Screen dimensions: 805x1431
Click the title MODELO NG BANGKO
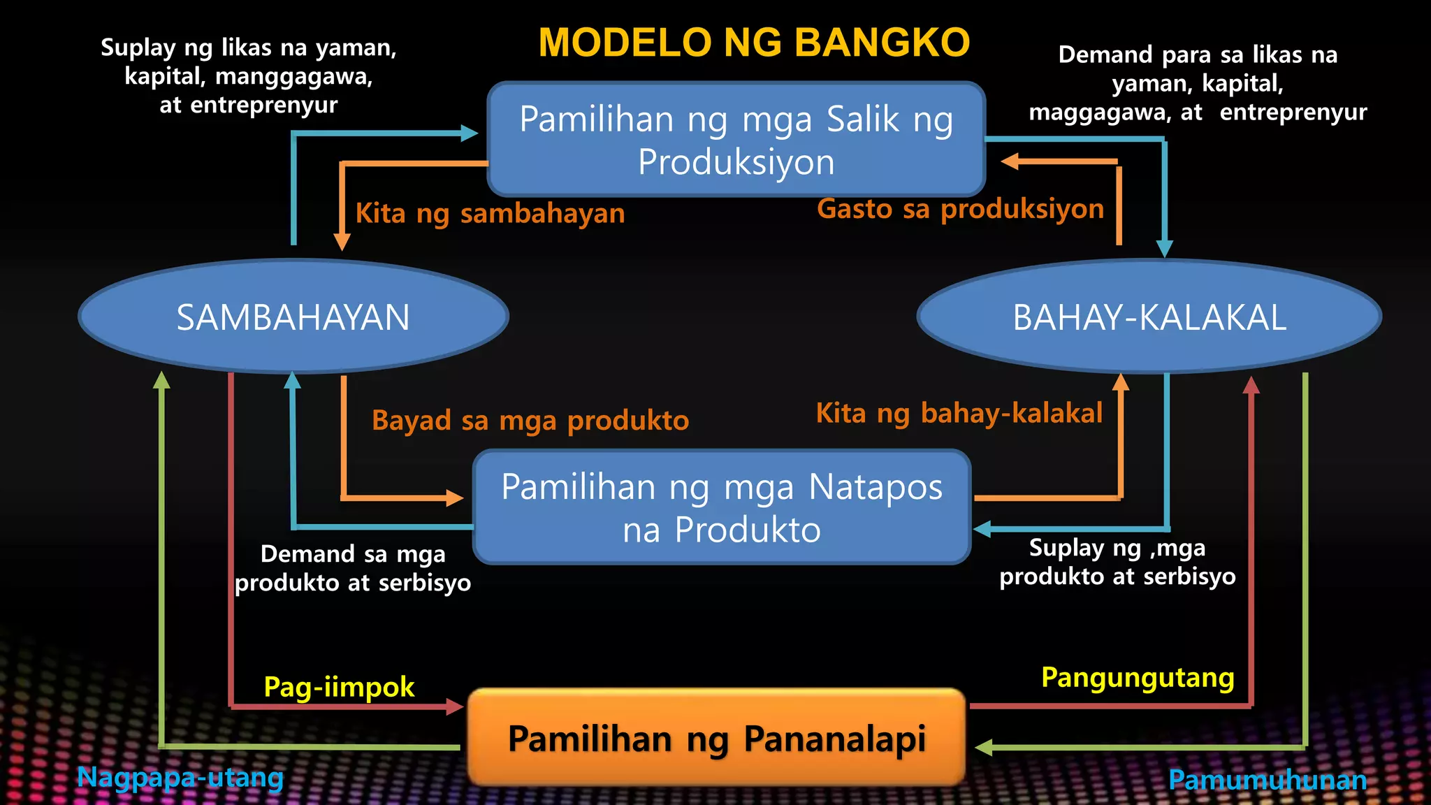click(x=754, y=43)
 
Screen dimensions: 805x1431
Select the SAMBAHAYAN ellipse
click(x=293, y=317)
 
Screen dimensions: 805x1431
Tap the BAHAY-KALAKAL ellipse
click(x=1149, y=317)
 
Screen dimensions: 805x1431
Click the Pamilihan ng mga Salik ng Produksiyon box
click(x=736, y=140)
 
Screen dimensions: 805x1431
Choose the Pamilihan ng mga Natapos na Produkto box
click(x=722, y=507)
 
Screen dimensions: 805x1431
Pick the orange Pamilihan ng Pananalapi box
click(x=717, y=738)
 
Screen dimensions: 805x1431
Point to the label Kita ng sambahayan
click(x=490, y=213)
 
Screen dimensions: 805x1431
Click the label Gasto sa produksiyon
click(x=960, y=209)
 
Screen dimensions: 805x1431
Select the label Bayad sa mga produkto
click(x=530, y=421)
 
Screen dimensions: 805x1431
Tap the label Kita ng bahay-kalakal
click(x=959, y=413)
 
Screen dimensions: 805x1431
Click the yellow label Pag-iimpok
click(x=339, y=687)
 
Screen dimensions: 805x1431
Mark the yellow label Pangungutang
click(x=1138, y=678)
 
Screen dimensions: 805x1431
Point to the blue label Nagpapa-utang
click(x=180, y=777)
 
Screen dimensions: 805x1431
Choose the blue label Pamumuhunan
click(x=1267, y=780)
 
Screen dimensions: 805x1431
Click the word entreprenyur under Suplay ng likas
click(x=264, y=105)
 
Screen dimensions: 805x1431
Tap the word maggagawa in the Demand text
click(x=1099, y=112)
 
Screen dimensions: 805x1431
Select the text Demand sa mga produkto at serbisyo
click(x=353, y=568)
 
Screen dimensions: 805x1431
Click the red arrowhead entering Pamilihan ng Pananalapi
click(x=456, y=707)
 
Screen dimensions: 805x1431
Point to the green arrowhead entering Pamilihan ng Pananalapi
click(x=983, y=748)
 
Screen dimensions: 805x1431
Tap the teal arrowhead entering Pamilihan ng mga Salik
click(x=469, y=133)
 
